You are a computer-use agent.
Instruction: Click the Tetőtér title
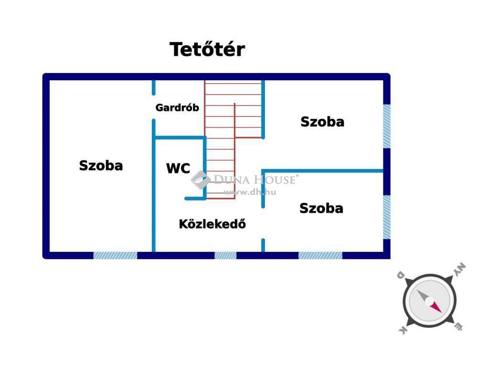207,49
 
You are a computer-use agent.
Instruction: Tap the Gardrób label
177,107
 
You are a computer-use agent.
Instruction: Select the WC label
178,168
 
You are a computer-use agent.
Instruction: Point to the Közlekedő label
213,224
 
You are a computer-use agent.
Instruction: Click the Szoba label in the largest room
101,165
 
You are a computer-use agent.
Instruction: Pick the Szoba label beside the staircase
322,122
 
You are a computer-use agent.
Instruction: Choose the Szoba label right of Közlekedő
321,208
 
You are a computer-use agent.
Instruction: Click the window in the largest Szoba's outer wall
116,256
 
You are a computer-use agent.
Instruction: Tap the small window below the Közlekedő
225,256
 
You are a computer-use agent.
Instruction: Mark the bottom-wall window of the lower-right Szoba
320,256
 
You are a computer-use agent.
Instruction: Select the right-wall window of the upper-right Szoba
387,126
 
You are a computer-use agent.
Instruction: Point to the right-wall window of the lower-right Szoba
387,217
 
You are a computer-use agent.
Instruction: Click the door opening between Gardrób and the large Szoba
153,107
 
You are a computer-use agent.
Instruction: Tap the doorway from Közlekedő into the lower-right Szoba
263,224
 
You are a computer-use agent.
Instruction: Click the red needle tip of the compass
441,312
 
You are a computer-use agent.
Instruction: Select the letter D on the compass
401,276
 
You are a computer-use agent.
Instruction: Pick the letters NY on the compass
459,270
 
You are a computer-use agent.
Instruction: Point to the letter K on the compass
403,331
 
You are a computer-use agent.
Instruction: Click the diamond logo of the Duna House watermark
201,180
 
